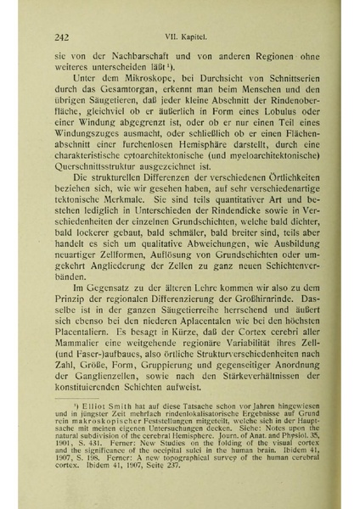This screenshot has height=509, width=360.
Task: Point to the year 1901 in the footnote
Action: (70, 480)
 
